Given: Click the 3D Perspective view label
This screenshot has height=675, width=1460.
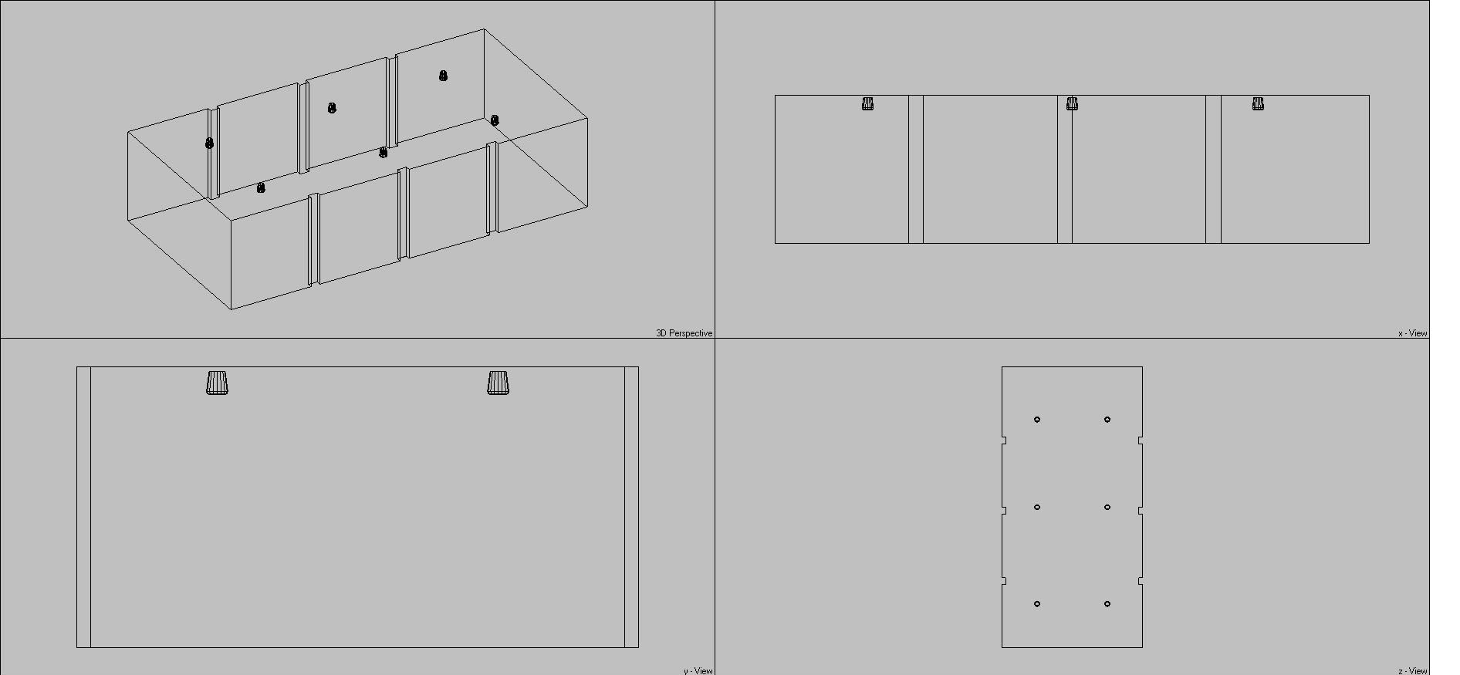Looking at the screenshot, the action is click(684, 333).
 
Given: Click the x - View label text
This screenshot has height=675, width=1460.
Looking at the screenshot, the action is click(1412, 333).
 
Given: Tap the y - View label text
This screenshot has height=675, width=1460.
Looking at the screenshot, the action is click(698, 670).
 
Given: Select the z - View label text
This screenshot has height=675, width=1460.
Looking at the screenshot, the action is click(1412, 670).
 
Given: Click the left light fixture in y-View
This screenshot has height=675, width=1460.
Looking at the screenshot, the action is click(218, 383).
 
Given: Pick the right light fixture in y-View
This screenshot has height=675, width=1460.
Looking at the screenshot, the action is click(498, 383).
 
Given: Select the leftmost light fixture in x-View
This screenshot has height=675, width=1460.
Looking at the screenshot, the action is click(867, 103).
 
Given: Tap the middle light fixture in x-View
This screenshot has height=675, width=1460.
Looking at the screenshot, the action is click(1072, 103).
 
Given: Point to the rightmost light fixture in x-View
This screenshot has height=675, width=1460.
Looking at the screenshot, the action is click(1258, 103).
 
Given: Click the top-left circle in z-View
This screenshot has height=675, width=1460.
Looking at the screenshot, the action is click(1037, 420).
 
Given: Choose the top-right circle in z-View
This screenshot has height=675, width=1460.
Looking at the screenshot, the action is click(1107, 420).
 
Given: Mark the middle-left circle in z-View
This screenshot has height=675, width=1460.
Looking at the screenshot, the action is click(1037, 507).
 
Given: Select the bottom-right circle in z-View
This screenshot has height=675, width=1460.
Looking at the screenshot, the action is click(1107, 604).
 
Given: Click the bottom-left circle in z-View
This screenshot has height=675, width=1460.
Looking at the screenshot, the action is click(1037, 604).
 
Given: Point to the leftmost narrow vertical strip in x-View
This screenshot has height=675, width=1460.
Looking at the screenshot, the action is click(916, 169).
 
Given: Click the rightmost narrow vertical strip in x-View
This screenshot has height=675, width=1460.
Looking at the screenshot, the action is click(1213, 169).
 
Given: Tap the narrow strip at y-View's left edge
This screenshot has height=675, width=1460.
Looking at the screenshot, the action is click(84, 507).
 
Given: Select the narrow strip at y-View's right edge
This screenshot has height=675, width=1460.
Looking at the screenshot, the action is click(631, 507).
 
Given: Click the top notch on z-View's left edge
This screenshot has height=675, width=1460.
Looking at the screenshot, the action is click(1004, 440).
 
